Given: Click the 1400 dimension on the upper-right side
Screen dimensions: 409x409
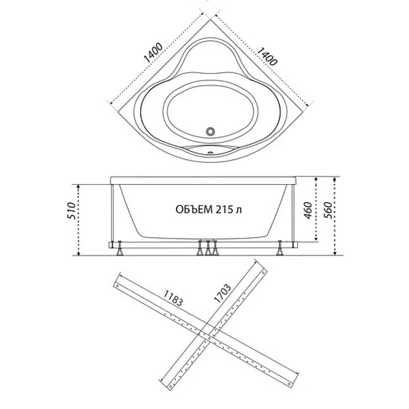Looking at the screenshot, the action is point(267,57).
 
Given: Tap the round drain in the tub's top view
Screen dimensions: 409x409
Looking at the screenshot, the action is point(210,131).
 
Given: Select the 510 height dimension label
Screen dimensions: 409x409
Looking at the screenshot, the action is point(71,211).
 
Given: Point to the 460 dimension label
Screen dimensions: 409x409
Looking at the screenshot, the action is point(308,210).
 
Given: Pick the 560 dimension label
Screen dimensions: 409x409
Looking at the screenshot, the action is point(328,210).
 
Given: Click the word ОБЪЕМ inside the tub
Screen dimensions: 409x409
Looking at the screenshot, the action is point(194,209).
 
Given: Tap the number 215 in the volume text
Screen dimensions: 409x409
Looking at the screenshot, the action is point(224,209).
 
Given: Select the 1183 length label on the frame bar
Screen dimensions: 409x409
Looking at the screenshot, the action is point(173,298).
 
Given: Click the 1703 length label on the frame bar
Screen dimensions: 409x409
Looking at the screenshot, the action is point(222,293).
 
